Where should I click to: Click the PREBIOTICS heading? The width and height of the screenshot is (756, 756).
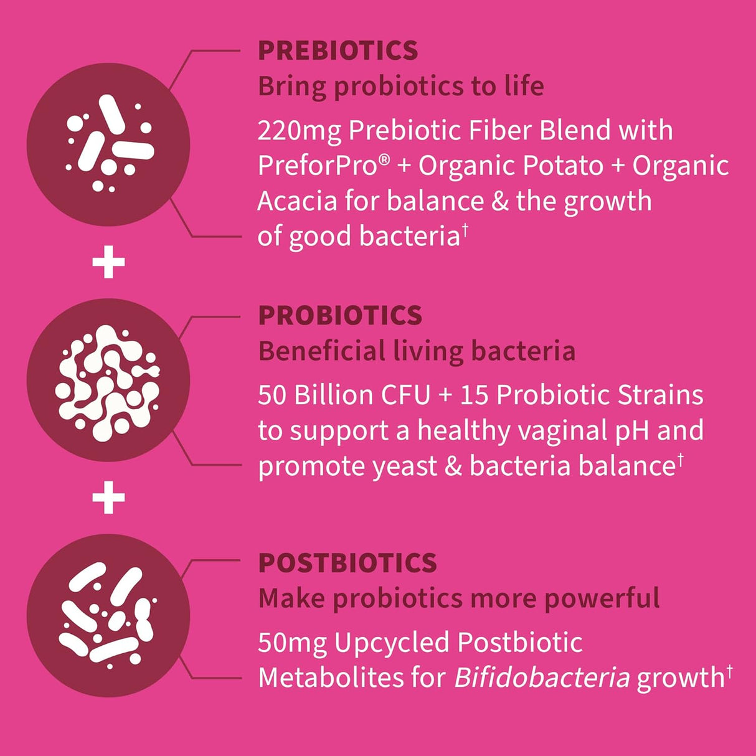click(338, 50)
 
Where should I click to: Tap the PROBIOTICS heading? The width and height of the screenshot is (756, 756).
click(340, 315)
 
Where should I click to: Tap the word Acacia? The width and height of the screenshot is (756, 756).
click(297, 201)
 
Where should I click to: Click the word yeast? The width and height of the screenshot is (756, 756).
click(405, 467)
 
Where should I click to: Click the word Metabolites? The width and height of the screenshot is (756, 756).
click(331, 678)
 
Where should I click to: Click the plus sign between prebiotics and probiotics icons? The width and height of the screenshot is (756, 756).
click(109, 262)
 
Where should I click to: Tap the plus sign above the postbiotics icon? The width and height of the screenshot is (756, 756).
click(109, 498)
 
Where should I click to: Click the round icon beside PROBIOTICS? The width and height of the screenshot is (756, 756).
click(108, 380)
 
